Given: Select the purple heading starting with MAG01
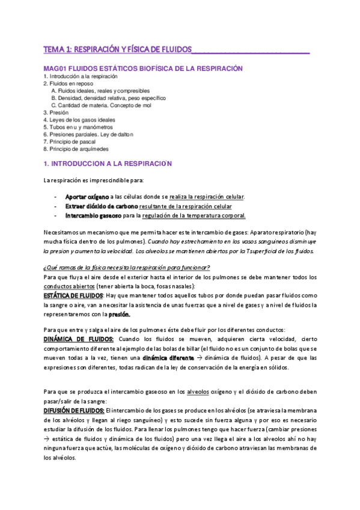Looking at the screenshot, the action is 142,68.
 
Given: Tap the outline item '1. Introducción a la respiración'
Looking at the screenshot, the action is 81,76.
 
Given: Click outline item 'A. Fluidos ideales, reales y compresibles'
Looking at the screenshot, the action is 105,90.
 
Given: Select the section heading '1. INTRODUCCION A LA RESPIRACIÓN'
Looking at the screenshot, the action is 108,164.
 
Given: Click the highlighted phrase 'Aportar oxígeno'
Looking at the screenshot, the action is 87,197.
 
